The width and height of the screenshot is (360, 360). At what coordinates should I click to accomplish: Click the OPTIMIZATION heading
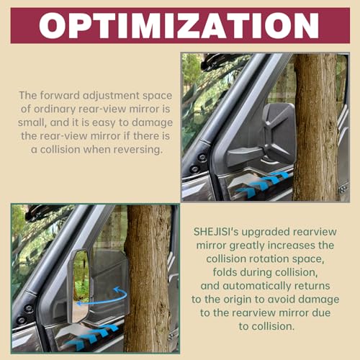pyautogui.click(x=179, y=25)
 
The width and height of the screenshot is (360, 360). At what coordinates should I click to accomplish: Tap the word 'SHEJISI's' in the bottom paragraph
pyautogui.click(x=216, y=232)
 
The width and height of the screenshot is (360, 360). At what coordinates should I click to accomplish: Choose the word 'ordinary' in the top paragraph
pyautogui.click(x=55, y=109)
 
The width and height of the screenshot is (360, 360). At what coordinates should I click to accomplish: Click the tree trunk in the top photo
pyautogui.click(x=316, y=127)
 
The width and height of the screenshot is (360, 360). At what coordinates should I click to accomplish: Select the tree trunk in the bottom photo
pyautogui.click(x=148, y=279)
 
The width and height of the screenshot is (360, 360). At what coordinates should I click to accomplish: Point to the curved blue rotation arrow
pyautogui.click(x=103, y=298)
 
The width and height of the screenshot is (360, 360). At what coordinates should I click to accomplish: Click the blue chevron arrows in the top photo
pyautogui.click(x=264, y=185)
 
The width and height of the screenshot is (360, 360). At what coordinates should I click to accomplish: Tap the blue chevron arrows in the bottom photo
pyautogui.click(x=92, y=336)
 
